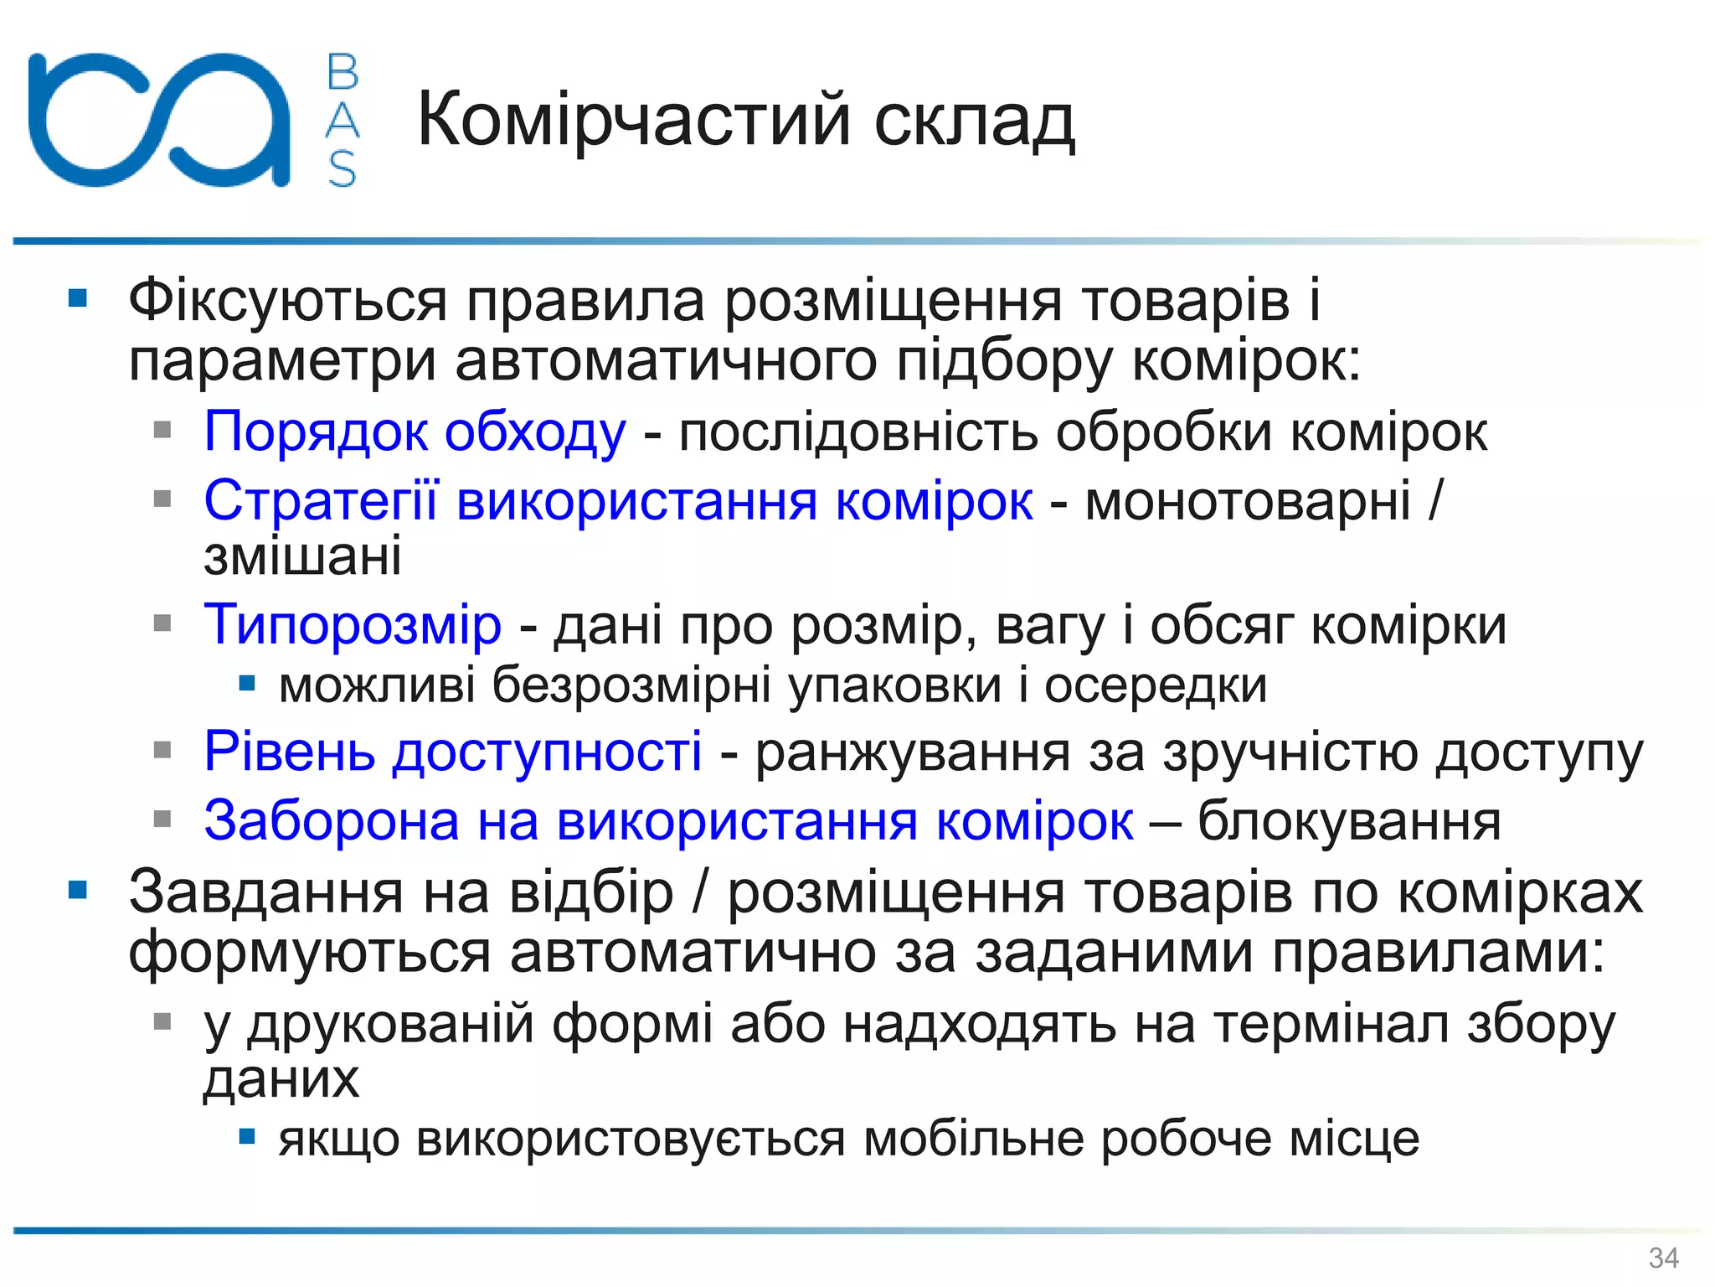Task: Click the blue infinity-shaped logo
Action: [x=159, y=119]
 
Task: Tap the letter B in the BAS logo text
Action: [x=342, y=72]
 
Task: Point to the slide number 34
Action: [x=1663, y=1258]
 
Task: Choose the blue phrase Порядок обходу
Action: [x=415, y=432]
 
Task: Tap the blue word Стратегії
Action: [x=321, y=501]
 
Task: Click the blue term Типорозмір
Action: [x=353, y=625]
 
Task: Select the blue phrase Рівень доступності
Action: [x=453, y=751]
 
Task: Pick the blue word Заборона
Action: [x=332, y=821]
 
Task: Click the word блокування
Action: [x=1349, y=821]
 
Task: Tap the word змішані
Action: [x=302, y=556]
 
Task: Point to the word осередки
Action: [x=1156, y=685]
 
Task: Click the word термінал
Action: [x=1331, y=1024]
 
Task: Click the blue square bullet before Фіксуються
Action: [x=78, y=298]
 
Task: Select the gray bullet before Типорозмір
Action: [x=162, y=623]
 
